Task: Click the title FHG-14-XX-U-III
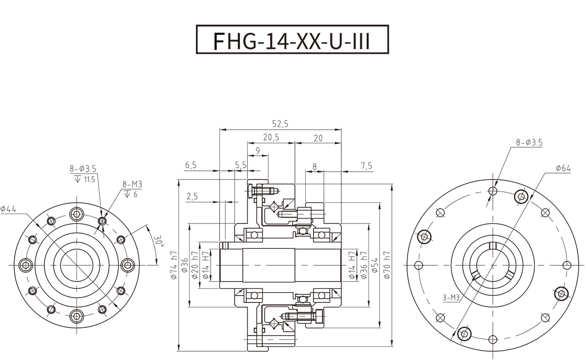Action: point(292,41)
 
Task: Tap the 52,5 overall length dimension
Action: point(280,124)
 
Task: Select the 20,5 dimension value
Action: point(271,137)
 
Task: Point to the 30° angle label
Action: point(158,241)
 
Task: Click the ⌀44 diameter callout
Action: point(8,209)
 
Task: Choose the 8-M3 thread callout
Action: point(133,184)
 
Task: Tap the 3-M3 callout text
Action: point(451,298)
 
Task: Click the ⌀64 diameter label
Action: point(564,168)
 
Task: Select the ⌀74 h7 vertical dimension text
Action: point(174,265)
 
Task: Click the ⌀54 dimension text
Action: point(375,265)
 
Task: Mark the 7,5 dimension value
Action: point(367,166)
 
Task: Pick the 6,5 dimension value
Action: point(191,165)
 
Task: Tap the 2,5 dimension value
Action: point(192,196)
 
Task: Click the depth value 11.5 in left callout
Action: point(89,180)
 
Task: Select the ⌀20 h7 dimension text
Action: point(195,265)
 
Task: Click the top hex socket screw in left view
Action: point(77,215)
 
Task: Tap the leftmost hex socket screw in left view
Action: point(26,265)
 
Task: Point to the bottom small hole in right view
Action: point(492,340)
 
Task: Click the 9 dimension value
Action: point(258,151)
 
